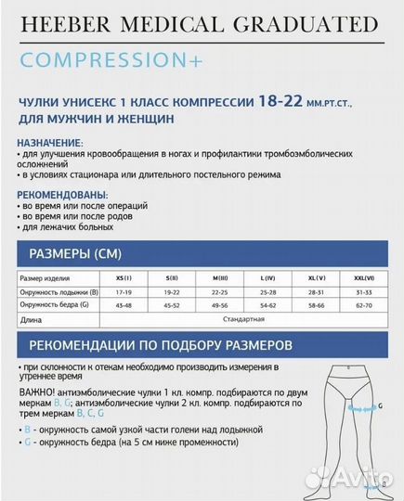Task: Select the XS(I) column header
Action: pyautogui.click(x=124, y=277)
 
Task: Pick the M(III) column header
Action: pyautogui.click(x=220, y=277)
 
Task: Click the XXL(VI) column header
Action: pyautogui.click(x=363, y=277)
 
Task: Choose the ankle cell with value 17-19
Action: pyautogui.click(x=124, y=291)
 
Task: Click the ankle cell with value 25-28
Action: pyautogui.click(x=268, y=291)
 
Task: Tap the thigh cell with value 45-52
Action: pyautogui.click(x=172, y=304)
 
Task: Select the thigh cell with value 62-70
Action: pyautogui.click(x=363, y=304)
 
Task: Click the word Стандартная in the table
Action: pyautogui.click(x=243, y=318)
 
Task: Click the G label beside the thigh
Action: pyautogui.click(x=379, y=406)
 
